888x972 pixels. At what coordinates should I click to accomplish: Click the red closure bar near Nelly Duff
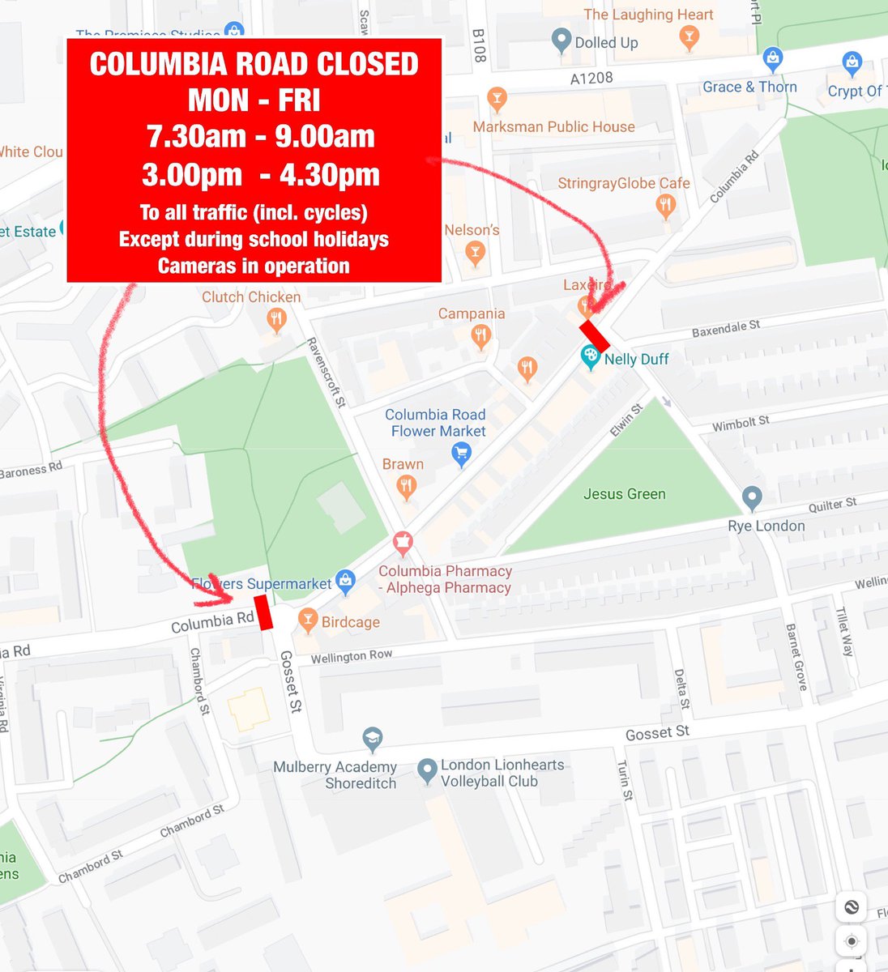click(594, 335)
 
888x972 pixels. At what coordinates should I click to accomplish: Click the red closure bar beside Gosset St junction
click(263, 612)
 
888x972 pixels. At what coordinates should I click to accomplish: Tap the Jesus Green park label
click(624, 494)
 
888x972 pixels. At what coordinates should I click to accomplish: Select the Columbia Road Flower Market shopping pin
click(461, 454)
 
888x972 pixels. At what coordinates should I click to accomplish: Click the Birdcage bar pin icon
click(307, 620)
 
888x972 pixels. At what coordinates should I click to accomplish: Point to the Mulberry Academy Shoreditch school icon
click(372, 739)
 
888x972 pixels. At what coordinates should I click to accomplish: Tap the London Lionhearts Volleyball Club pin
click(427, 771)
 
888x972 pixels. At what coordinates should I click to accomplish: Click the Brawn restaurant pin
click(407, 487)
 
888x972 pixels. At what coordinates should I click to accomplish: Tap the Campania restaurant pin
click(481, 335)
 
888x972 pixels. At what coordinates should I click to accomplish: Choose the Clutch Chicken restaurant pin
click(276, 318)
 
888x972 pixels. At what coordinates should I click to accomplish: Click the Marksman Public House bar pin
click(497, 100)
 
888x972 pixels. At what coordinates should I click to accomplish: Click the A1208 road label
click(591, 78)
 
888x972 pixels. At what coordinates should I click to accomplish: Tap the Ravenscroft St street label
click(327, 372)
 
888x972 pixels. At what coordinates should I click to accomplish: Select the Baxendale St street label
click(725, 329)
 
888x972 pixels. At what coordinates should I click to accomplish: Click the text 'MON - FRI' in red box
click(254, 100)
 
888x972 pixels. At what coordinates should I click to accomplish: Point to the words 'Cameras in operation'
click(254, 266)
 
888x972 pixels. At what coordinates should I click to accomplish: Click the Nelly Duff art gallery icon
click(591, 356)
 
